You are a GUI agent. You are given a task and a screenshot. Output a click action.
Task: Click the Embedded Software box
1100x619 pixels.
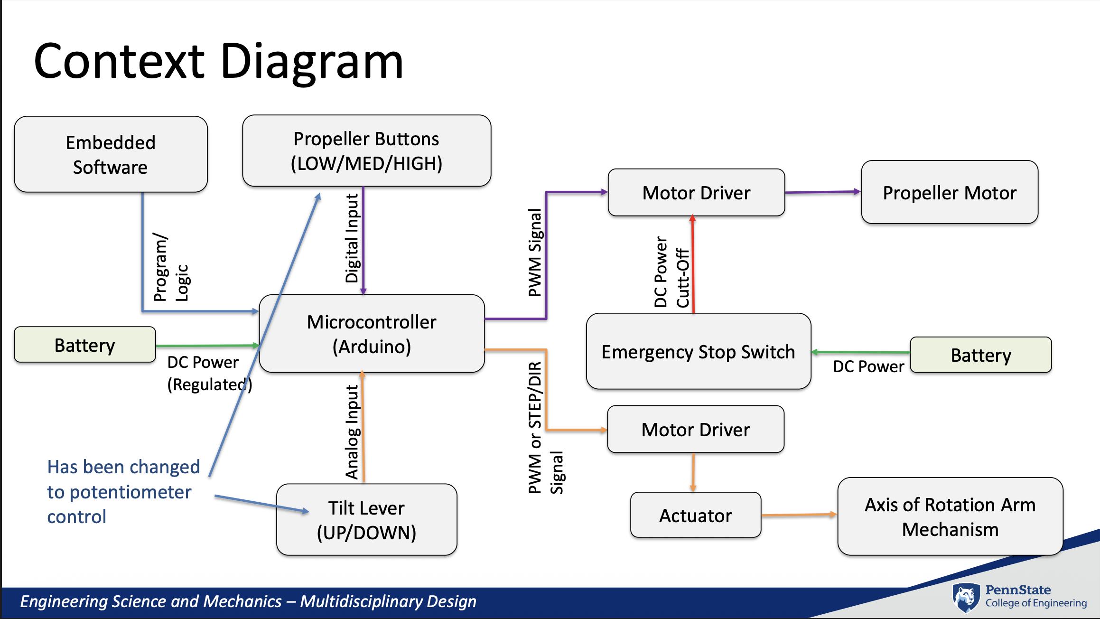111,154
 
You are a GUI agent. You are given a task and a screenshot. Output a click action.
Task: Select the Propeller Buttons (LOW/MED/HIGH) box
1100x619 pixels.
366,150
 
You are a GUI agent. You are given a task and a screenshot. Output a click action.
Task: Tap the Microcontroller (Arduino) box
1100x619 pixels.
372,334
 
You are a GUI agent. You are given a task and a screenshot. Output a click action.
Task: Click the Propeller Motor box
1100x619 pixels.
950,192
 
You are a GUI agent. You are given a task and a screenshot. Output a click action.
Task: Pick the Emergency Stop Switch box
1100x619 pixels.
698,352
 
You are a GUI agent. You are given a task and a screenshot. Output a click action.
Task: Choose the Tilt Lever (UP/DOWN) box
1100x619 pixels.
366,520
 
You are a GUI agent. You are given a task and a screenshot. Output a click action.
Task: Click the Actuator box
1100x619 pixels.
695,515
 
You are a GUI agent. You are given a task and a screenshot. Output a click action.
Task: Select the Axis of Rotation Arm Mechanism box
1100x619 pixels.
950,516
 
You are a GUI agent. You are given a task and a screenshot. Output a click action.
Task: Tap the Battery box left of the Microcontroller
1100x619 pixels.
85,345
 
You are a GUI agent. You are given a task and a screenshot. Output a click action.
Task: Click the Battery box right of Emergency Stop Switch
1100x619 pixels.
981,355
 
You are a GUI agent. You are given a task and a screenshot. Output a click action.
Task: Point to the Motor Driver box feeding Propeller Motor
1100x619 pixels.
696,193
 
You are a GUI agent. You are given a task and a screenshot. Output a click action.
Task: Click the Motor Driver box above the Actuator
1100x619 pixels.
696,430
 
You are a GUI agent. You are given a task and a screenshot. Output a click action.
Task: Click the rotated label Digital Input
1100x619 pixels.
352,238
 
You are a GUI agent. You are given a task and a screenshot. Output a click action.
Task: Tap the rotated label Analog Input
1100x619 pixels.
352,432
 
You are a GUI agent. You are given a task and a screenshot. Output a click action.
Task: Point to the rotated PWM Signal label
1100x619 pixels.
535,253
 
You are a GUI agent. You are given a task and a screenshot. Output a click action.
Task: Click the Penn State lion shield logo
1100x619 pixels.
966,597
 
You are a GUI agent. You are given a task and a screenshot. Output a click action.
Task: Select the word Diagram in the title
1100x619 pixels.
312,61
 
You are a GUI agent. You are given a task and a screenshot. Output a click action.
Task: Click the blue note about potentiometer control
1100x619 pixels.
123,492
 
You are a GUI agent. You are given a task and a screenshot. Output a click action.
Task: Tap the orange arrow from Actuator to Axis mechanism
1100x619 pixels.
799,515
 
